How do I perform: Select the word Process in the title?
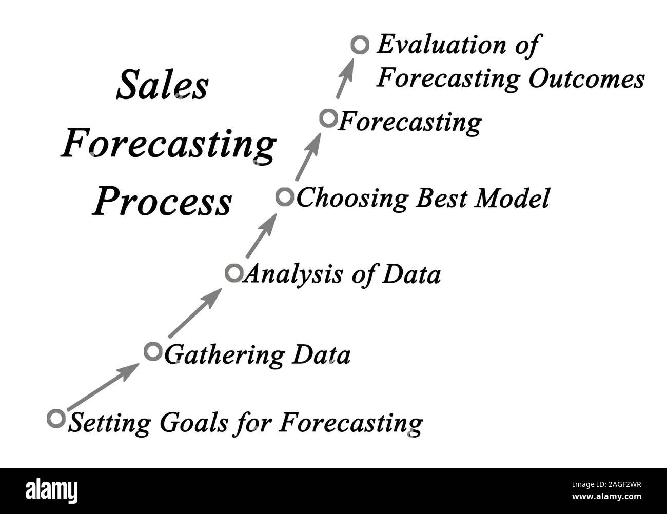click(162, 201)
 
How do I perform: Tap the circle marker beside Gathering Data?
click(153, 351)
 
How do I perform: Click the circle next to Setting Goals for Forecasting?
click(56, 419)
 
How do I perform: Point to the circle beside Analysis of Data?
click(234, 273)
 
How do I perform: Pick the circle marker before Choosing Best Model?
click(285, 197)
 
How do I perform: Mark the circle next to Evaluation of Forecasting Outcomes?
click(360, 45)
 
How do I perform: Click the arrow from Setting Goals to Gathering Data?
click(103, 387)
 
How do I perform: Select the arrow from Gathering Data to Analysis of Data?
click(195, 313)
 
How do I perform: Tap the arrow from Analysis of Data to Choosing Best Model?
click(262, 235)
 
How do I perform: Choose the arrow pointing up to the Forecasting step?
click(308, 156)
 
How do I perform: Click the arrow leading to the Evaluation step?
click(345, 78)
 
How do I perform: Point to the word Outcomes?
click(586, 79)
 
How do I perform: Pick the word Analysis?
click(293, 274)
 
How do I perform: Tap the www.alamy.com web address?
click(606, 496)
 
